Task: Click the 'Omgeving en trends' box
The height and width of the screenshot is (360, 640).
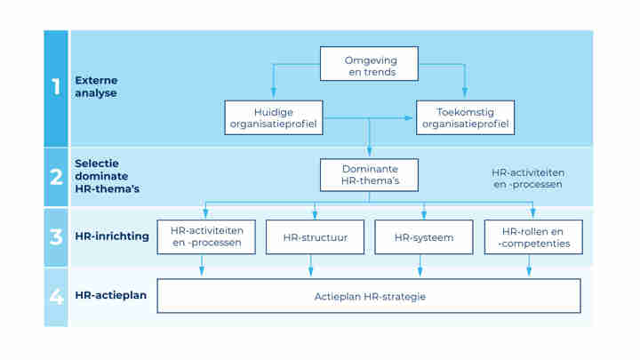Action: pos(369,64)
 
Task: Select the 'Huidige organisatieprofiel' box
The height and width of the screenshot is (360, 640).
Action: pos(272,118)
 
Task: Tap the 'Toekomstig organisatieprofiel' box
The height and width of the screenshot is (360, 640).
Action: pos(465,118)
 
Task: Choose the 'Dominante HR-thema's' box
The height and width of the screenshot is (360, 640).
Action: pos(369,175)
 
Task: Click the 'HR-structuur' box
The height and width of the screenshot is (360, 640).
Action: pos(314,237)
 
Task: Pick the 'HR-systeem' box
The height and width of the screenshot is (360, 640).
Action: pos(423,237)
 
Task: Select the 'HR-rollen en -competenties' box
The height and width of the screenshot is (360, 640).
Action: pos(532,237)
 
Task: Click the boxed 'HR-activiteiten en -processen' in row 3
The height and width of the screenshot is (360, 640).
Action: pos(205,237)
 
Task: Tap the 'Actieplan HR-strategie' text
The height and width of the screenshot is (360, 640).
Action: pos(369,296)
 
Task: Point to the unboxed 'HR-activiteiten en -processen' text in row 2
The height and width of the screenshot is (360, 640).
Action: pos(528,178)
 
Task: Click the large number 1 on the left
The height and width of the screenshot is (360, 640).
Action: pos(55,87)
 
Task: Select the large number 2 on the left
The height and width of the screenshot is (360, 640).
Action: pos(55,176)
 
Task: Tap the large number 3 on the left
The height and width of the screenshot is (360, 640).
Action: pos(55,237)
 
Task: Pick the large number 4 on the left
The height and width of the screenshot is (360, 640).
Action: pos(55,296)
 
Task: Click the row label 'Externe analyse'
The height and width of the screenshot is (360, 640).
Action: pos(96,86)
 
